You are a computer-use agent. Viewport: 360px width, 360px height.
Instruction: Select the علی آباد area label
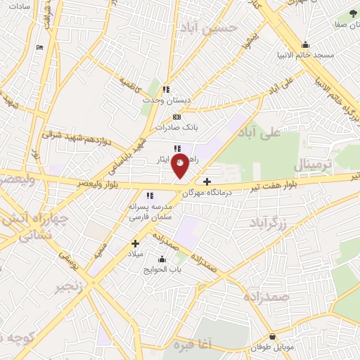point(259,132)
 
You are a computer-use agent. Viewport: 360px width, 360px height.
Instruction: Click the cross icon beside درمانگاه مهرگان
point(207,182)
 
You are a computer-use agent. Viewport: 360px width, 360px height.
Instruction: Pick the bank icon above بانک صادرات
point(177,117)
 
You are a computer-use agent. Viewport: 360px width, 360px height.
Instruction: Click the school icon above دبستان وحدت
point(166,89)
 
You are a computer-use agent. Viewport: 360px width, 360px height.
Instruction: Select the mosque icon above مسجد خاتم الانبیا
point(304,44)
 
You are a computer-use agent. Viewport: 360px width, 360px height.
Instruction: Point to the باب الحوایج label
point(163,269)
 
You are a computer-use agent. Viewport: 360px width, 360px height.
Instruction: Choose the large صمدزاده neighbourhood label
point(266,296)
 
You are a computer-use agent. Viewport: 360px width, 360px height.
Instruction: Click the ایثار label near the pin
point(163,160)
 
